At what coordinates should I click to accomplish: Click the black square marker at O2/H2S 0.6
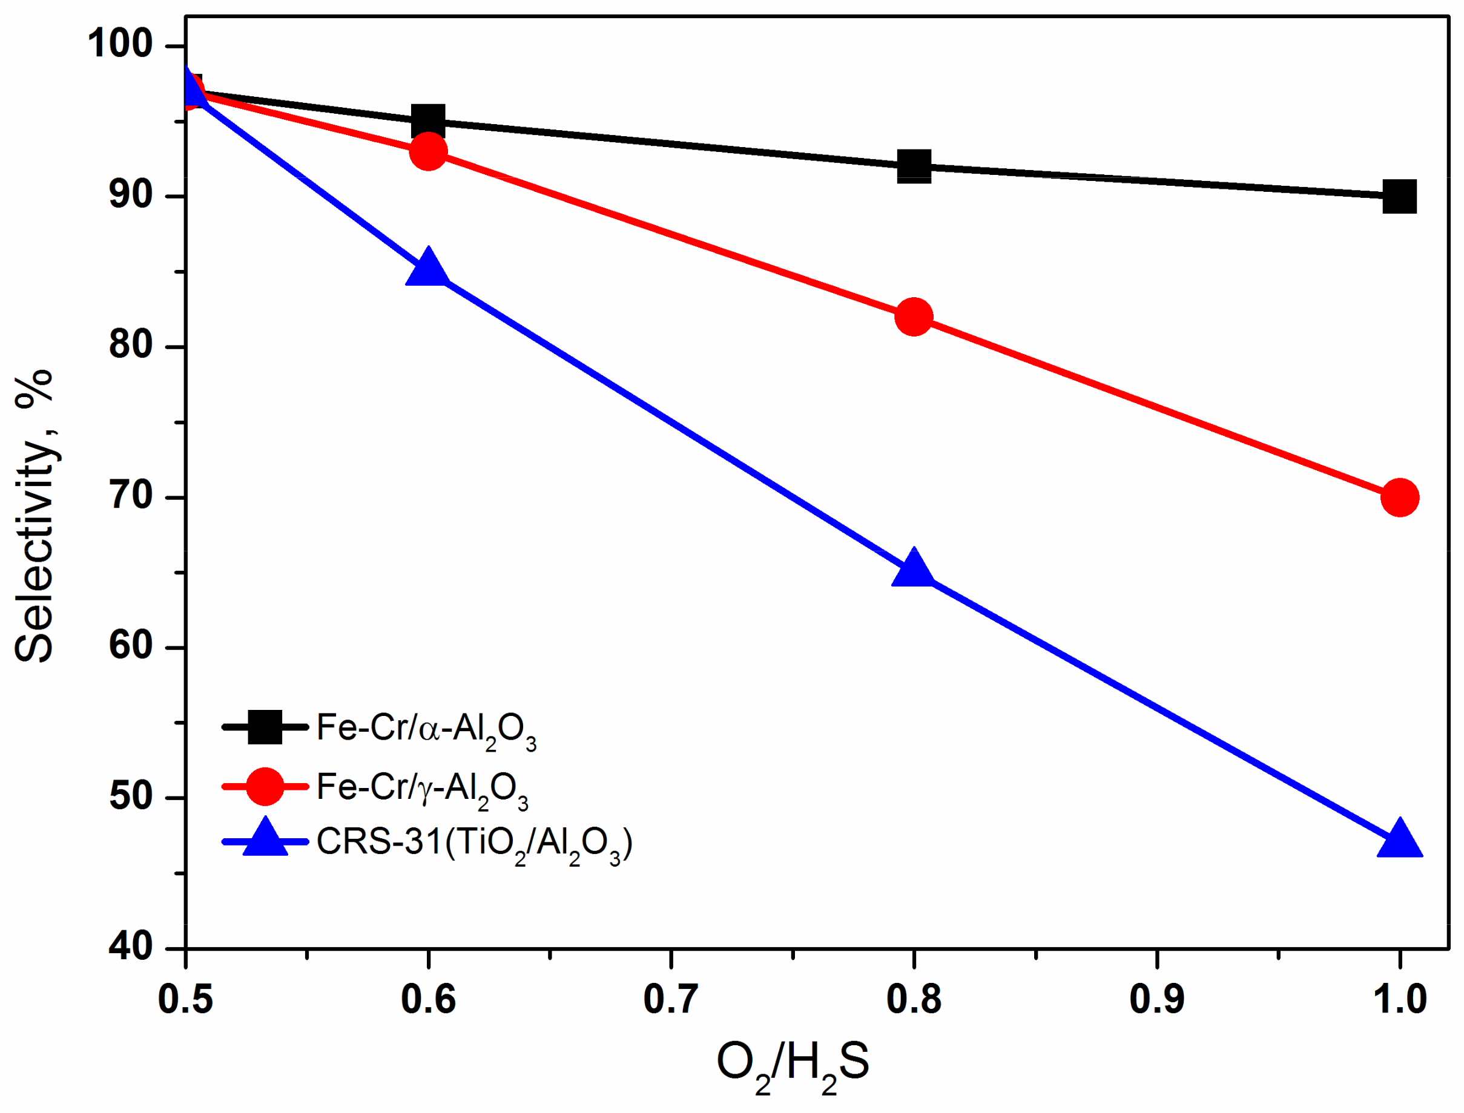pyautogui.click(x=428, y=121)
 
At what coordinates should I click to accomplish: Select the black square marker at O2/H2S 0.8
pyautogui.click(x=914, y=166)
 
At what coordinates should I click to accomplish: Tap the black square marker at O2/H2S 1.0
pyautogui.click(x=1400, y=197)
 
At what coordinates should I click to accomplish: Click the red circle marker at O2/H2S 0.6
pyautogui.click(x=428, y=152)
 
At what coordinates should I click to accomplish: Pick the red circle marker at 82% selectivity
pyautogui.click(x=914, y=317)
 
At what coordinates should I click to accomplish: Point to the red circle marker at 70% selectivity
pyautogui.click(x=1400, y=497)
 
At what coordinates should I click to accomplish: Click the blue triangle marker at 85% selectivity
pyautogui.click(x=428, y=268)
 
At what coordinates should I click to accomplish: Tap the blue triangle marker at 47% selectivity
pyautogui.click(x=1400, y=839)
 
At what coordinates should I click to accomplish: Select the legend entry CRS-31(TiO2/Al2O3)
pyautogui.click(x=474, y=845)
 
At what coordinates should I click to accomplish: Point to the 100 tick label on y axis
pyautogui.click(x=120, y=44)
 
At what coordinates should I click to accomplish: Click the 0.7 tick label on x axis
pyautogui.click(x=671, y=1000)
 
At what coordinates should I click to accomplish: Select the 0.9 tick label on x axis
pyautogui.click(x=1156, y=1000)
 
